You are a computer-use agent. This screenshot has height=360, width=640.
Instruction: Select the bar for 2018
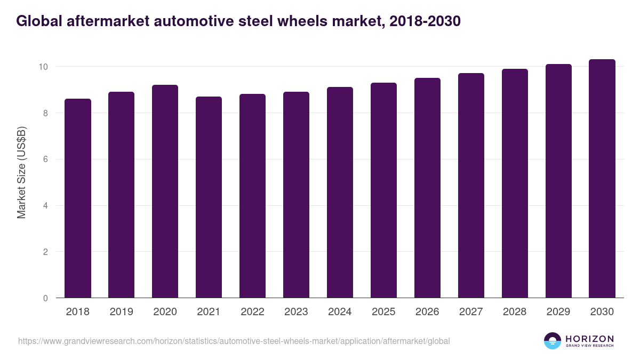[78, 198]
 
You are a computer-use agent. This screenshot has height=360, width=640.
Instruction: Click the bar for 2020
[165, 191]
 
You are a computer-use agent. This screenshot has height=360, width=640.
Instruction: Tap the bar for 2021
[209, 197]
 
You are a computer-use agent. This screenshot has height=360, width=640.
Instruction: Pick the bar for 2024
[340, 193]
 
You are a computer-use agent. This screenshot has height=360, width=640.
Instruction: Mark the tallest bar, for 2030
[602, 179]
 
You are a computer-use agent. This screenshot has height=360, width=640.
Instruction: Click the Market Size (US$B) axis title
[22, 172]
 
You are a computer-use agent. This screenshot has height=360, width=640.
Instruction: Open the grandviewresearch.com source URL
[234, 341]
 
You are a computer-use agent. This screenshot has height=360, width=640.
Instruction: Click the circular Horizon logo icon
[553, 341]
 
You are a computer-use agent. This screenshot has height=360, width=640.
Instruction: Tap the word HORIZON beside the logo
[589, 338]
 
